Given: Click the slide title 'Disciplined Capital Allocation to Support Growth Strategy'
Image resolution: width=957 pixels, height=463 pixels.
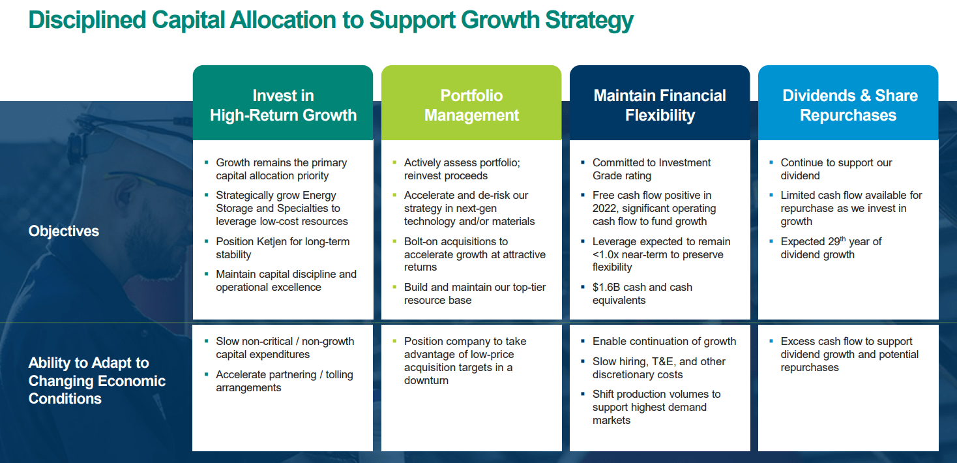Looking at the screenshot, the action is (331, 20).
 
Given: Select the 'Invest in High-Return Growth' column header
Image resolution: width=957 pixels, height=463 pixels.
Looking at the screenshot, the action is (283, 105).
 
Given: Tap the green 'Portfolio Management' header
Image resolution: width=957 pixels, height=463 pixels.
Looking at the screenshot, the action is (471, 105).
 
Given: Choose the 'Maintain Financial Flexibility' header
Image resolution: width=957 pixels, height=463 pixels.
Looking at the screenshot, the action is (660, 105).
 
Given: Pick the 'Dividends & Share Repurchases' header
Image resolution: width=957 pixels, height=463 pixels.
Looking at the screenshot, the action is (850, 105).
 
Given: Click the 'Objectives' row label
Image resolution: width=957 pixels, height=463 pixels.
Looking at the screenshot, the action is (64, 231).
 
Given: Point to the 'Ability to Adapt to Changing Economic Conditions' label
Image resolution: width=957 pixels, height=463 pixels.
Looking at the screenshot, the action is (97, 380).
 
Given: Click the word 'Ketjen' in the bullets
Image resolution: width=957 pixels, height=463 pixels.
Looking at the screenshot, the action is (272, 241).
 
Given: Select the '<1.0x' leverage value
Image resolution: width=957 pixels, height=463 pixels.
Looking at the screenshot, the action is (606, 255).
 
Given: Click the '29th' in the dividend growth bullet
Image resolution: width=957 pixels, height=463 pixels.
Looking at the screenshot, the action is (836, 241).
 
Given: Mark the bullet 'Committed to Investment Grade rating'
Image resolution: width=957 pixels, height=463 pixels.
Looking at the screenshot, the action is (651, 170).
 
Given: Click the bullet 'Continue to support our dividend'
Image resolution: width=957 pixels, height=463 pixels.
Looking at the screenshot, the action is (836, 170).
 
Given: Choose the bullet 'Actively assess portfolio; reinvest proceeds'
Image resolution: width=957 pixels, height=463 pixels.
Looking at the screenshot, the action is (462, 170).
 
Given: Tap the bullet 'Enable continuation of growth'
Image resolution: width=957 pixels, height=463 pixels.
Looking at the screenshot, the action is (664, 342).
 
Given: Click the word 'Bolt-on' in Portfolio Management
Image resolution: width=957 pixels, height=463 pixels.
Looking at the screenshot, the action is (421, 241).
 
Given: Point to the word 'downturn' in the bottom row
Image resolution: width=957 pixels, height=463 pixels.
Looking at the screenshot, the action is (426, 380).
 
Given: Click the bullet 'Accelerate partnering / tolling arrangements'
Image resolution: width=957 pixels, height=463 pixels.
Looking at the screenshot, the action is (284, 381).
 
